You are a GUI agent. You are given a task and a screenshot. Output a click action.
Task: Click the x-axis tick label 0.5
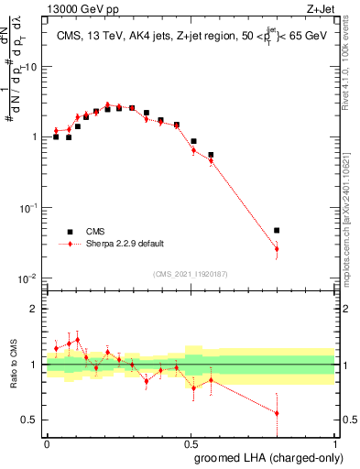(x=190, y=442)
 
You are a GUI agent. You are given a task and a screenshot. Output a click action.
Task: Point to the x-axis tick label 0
(x=47, y=442)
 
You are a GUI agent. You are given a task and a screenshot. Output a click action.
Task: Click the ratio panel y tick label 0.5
(x=29, y=420)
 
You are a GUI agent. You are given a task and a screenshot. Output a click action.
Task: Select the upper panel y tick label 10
(x=30, y=68)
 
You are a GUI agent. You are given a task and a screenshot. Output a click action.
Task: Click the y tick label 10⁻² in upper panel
(x=27, y=278)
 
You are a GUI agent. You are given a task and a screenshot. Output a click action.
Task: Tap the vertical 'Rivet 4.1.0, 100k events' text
(x=349, y=65)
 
